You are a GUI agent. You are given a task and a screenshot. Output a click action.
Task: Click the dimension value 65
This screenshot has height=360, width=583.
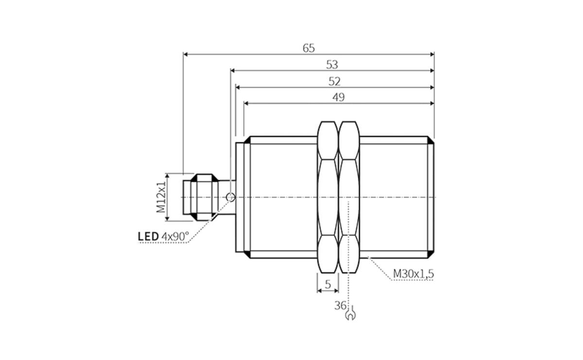tap(309, 48)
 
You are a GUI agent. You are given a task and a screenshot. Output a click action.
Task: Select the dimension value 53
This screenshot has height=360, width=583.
tap(332, 65)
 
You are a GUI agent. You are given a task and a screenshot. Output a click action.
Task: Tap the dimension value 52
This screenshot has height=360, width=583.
tap(334, 81)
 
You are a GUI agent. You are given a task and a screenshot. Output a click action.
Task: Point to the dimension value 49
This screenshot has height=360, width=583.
tap(338, 97)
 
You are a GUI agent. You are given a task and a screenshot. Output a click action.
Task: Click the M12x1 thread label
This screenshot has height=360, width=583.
tap(161, 197)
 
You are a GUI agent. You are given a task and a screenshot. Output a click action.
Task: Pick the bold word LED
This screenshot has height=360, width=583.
tap(148, 237)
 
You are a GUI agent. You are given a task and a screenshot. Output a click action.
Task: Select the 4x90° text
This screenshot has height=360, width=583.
tap(175, 237)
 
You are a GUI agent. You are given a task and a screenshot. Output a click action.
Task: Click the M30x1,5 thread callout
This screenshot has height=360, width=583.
tap(413, 274)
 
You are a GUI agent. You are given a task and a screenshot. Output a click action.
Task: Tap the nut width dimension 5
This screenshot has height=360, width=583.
tap(328, 285)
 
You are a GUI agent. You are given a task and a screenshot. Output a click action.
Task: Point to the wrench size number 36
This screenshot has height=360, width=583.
tap(340, 306)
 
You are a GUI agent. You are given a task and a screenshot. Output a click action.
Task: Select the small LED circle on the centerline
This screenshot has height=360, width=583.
tap(231, 197)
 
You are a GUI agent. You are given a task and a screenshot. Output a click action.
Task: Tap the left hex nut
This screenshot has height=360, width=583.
tap(327, 197)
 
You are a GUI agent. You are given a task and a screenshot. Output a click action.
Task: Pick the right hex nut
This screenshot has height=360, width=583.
tap(349, 197)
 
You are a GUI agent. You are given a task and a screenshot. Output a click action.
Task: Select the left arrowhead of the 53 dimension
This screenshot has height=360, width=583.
tap(233, 71)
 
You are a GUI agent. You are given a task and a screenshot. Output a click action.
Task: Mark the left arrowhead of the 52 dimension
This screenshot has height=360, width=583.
tap(239, 87)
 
